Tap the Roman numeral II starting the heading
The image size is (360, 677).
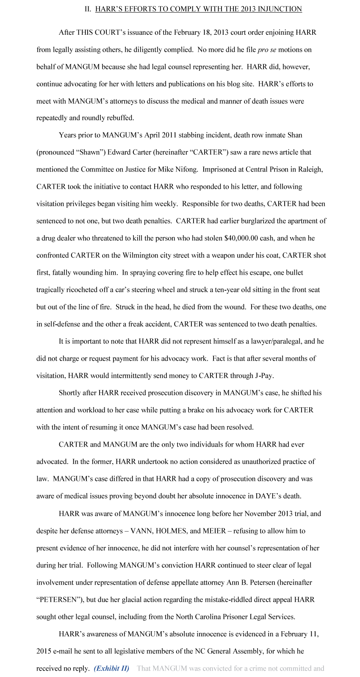[88, 9]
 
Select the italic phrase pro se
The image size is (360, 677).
[267, 50]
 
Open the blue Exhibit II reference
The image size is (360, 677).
[111, 669]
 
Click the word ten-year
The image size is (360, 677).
[230, 290]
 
